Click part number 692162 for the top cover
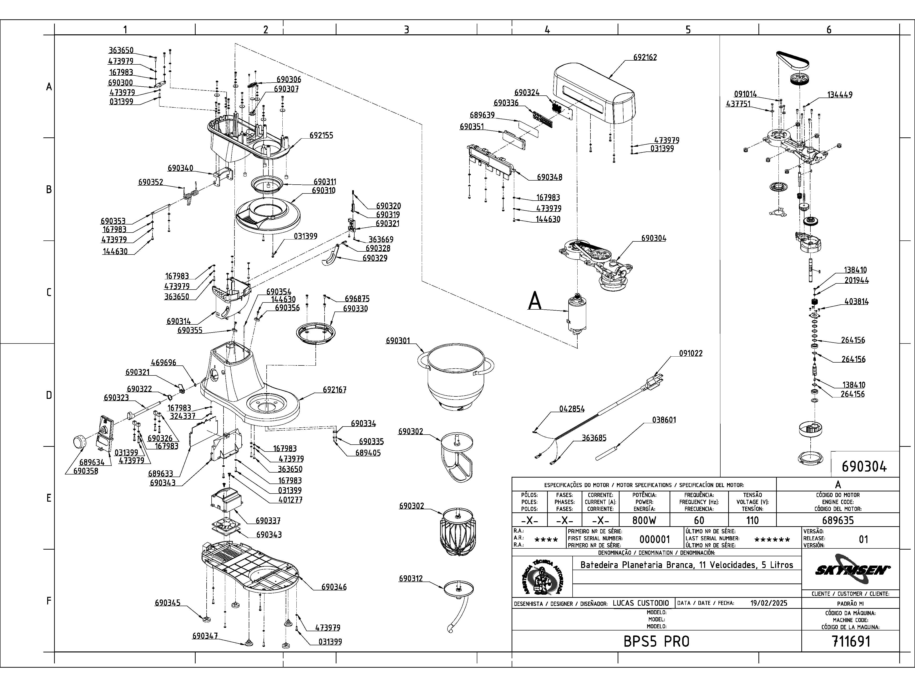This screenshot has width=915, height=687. coord(645,57)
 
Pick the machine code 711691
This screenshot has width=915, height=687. coord(851,641)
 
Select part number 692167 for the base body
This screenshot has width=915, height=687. coord(334,390)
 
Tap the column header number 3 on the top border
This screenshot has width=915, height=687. coord(406,29)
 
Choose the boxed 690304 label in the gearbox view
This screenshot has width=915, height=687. coord(864,467)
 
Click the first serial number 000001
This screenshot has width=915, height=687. coord(654,539)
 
